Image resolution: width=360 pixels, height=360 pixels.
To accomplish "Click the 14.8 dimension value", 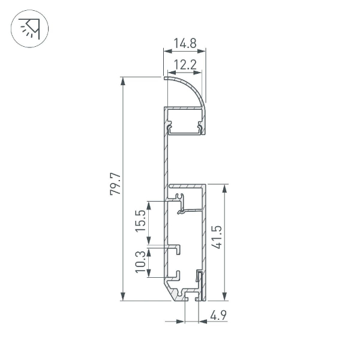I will click(x=184, y=43).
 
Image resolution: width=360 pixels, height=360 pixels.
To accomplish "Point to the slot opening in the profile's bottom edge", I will click(x=193, y=298).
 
